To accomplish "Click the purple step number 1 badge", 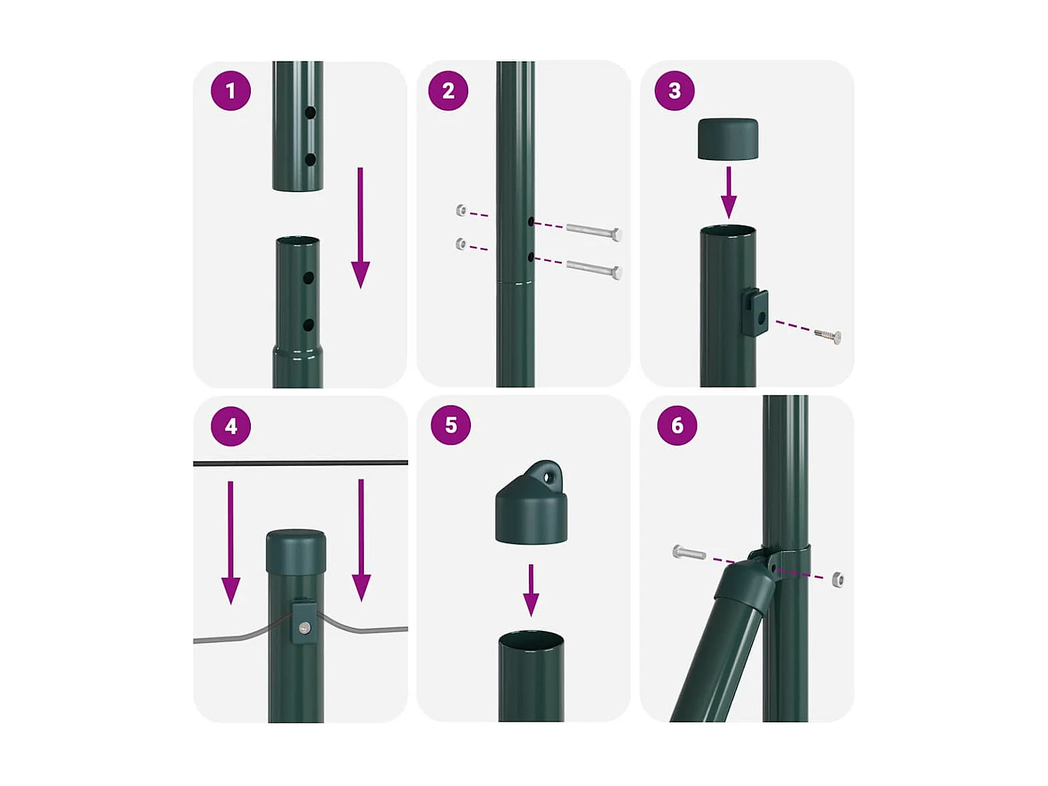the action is (x=231, y=91).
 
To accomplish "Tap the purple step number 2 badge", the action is (x=449, y=91).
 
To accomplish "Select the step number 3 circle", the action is (x=674, y=91).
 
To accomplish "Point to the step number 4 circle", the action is (x=231, y=425).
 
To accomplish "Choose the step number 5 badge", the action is (x=451, y=425).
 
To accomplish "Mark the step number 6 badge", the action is (x=677, y=425).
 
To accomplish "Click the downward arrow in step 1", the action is (x=361, y=228).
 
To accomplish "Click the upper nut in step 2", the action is (x=460, y=210).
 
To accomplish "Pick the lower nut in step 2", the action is (x=460, y=244).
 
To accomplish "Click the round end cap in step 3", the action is (x=727, y=139).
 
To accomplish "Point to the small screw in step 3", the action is (x=828, y=336).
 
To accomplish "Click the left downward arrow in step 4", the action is (x=231, y=543).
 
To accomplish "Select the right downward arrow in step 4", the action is (x=361, y=540).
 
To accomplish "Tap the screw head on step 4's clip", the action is (x=304, y=628).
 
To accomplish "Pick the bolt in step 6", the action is (x=688, y=553).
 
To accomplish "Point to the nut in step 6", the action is (x=837, y=580).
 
